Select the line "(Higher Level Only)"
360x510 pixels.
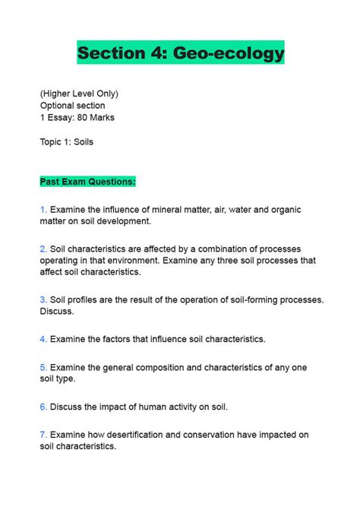point(79,93)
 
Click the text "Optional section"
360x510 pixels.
point(73,106)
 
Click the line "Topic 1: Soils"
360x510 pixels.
point(67,141)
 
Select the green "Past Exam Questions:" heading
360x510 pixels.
point(88,182)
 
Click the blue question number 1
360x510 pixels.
point(43,208)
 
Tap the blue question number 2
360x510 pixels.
point(43,249)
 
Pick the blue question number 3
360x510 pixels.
point(43,299)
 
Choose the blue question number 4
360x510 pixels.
point(43,338)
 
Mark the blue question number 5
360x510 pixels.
point(43,367)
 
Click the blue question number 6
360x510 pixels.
point(43,407)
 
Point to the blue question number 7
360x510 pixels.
point(43,435)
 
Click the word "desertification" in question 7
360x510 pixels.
point(144,435)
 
